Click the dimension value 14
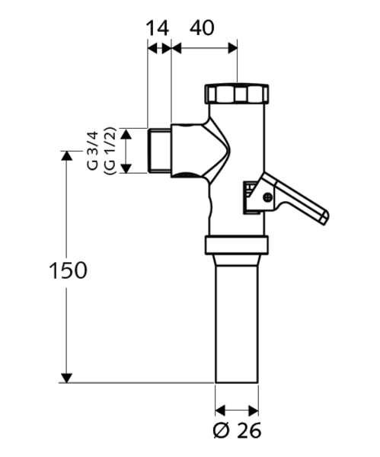(x=158, y=28)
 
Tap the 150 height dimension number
(x=68, y=270)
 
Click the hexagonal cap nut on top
(x=236, y=94)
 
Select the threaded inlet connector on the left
(x=158, y=151)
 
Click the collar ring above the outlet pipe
(x=237, y=245)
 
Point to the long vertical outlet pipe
(x=237, y=320)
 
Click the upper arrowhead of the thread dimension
(x=127, y=134)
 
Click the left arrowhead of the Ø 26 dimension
(x=221, y=407)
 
